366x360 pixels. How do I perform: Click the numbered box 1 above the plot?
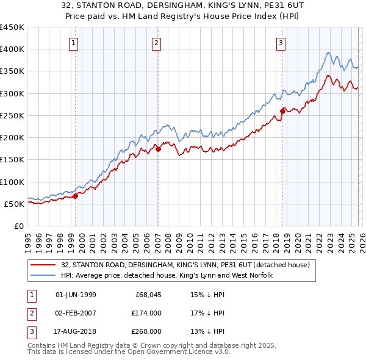click(73, 43)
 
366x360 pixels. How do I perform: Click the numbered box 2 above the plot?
click(156, 43)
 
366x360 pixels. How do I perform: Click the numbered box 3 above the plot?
click(281, 43)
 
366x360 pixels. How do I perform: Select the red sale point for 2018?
click(283, 111)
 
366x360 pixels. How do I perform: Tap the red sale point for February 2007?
click(158, 148)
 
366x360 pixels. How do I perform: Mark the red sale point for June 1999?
click(76, 196)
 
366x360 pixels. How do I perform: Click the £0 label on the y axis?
click(18, 226)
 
